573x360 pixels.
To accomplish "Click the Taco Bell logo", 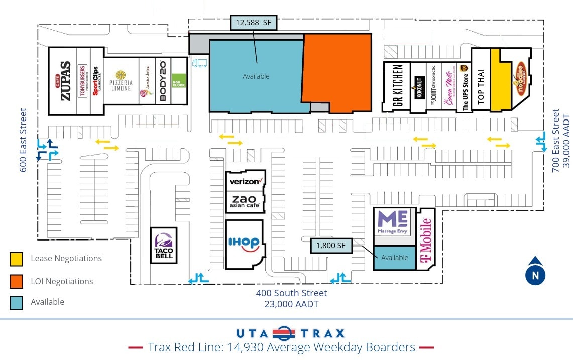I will click(x=164, y=245).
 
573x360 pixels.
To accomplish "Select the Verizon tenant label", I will click(x=246, y=181).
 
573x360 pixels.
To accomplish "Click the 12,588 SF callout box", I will click(x=253, y=23).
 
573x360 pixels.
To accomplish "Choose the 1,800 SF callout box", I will click(x=331, y=246).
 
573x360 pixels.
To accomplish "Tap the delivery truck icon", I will click(x=199, y=63).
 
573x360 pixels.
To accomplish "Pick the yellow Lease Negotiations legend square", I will click(x=16, y=259).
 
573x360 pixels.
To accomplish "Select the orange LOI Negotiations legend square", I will click(x=16, y=281).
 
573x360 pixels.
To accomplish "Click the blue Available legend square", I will click(x=16, y=302).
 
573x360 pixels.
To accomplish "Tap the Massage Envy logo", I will click(x=394, y=223).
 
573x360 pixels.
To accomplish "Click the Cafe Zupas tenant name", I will click(x=65, y=81).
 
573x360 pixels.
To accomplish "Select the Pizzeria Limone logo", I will click(x=121, y=81).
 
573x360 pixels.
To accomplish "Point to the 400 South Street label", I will click(x=291, y=293).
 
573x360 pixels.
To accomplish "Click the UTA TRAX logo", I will click(x=291, y=333).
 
